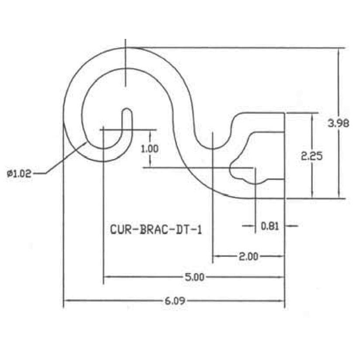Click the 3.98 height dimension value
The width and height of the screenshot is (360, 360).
[x=339, y=124]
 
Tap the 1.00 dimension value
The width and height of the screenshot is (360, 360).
[x=149, y=148]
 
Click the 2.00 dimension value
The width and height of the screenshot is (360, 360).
[x=248, y=256]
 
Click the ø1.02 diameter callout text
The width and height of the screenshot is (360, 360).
[x=20, y=173]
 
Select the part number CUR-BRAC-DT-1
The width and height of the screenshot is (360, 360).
[x=156, y=229]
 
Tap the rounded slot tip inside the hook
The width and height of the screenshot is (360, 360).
[x=126, y=111]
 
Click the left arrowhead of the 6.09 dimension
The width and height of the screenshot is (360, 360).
[x=66, y=301]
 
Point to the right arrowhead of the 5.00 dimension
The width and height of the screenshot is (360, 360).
[x=283, y=277]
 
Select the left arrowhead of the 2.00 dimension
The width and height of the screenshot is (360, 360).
[x=215, y=256]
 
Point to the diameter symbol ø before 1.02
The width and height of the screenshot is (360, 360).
[x=9, y=173]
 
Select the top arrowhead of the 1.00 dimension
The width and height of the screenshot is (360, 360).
[x=149, y=132]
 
